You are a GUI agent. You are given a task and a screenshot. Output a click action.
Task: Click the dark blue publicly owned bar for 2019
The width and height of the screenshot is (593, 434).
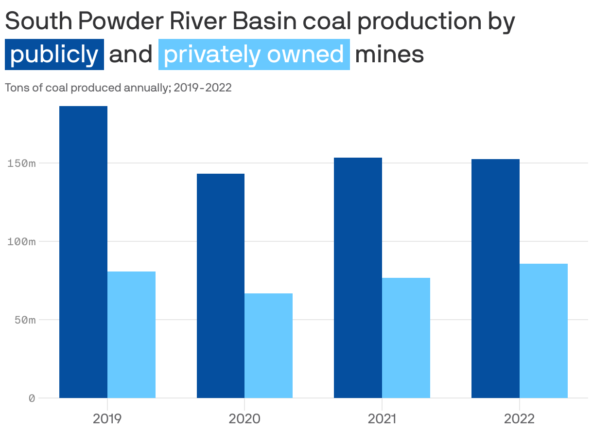pyautogui.click(x=83, y=252)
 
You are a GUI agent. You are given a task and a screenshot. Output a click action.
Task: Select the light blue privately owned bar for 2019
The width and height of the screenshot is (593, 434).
pyautogui.click(x=131, y=334)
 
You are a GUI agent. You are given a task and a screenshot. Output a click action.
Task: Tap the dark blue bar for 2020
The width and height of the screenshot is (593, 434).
pyautogui.click(x=221, y=286)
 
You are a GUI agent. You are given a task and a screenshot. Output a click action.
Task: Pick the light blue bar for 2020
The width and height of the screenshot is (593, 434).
pyautogui.click(x=268, y=345)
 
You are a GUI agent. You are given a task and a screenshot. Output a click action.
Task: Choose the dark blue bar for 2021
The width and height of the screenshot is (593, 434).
pyautogui.click(x=358, y=277)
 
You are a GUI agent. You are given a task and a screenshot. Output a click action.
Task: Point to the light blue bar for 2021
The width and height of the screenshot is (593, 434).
pyautogui.click(x=406, y=338)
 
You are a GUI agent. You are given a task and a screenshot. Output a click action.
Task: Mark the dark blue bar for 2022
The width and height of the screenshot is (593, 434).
pyautogui.click(x=495, y=278)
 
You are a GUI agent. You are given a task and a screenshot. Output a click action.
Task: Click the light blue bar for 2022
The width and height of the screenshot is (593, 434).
pyautogui.click(x=543, y=330)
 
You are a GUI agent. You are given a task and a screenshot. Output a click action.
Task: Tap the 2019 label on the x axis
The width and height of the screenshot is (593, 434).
pyautogui.click(x=107, y=418)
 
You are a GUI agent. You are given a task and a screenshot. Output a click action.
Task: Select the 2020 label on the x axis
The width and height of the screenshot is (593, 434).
pyautogui.click(x=244, y=418)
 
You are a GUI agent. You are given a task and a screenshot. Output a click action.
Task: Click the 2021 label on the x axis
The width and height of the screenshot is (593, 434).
pyautogui.click(x=382, y=418)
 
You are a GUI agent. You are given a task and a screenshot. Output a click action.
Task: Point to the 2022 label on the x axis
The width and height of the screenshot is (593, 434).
pyautogui.click(x=519, y=418)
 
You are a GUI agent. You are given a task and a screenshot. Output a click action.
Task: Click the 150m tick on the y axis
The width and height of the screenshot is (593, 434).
pyautogui.click(x=22, y=163)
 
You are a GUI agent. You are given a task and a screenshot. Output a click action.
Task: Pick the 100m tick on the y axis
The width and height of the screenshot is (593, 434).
pyautogui.click(x=22, y=241)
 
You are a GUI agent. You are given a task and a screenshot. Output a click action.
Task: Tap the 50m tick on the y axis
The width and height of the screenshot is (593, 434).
pyautogui.click(x=24, y=320)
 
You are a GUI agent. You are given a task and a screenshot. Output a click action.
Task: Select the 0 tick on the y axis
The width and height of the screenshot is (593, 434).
pyautogui.click(x=32, y=398)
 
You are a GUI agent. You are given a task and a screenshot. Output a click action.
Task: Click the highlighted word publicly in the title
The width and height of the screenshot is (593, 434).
pyautogui.click(x=54, y=54)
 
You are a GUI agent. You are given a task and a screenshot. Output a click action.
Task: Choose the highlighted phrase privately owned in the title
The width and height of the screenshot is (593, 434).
pyautogui.click(x=254, y=54)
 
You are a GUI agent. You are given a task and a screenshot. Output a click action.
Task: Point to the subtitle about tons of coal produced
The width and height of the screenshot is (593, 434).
pyautogui.click(x=118, y=88)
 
